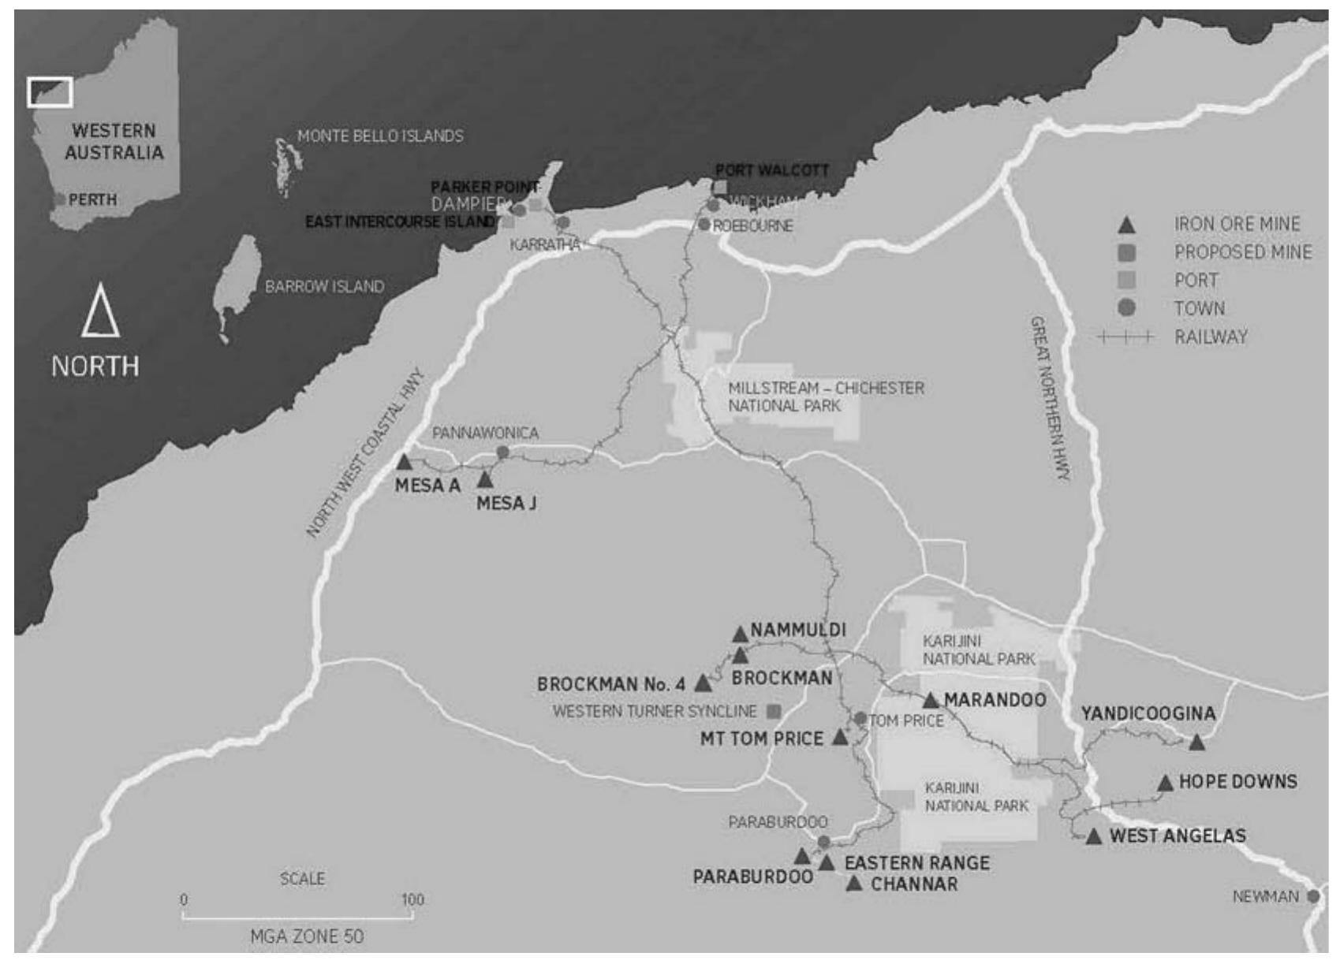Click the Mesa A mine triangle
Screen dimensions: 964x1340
click(404, 463)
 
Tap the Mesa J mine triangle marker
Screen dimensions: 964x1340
click(485, 479)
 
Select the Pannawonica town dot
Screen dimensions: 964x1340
click(502, 452)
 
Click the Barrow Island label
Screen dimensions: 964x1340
click(324, 287)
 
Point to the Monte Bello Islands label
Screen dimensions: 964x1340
click(380, 136)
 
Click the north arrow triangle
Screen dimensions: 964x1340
click(100, 313)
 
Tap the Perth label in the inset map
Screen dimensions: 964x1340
click(92, 200)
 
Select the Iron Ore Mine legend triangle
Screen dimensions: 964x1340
click(1127, 225)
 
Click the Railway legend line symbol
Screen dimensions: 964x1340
click(1126, 337)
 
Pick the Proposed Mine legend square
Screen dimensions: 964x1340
click(1127, 253)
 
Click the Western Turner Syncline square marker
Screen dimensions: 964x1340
click(774, 712)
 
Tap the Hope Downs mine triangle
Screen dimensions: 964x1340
click(1165, 783)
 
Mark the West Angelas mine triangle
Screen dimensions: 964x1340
click(1093, 837)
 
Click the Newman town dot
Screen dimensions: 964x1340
click(1312, 897)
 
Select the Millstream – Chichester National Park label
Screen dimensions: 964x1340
click(825, 397)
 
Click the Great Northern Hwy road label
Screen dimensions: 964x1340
click(1050, 398)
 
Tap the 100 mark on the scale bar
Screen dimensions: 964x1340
click(412, 900)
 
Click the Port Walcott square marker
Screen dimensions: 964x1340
click(720, 187)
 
